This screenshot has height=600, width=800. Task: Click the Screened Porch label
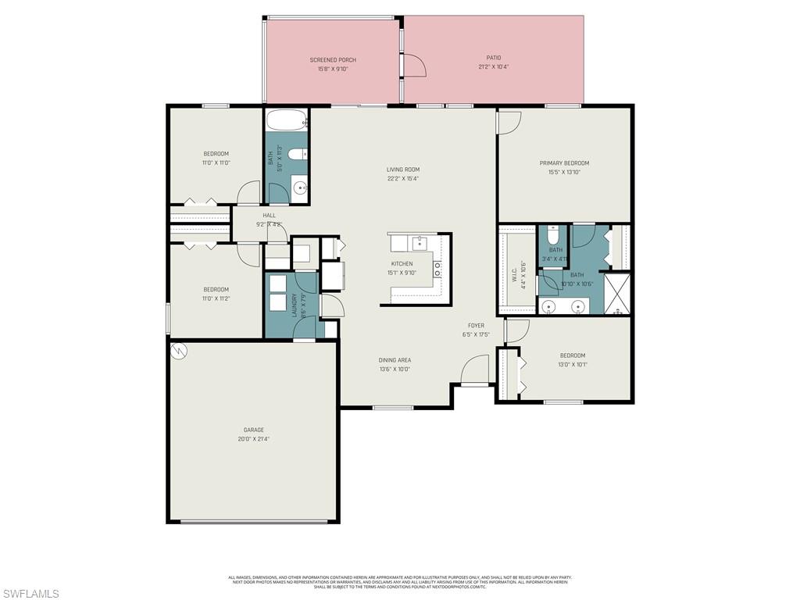pos(333,60)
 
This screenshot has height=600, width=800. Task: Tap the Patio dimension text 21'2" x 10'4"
pos(494,67)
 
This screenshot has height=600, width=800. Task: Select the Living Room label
pos(403,170)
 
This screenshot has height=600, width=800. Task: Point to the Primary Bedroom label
pos(564,163)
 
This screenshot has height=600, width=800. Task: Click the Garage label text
pos(253,430)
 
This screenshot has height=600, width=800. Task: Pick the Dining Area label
pos(395,360)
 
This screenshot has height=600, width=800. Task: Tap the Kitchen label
pos(402,264)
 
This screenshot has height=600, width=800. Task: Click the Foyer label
pos(476,326)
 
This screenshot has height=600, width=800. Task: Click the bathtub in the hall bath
pos(287,122)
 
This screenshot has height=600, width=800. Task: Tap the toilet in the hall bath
pos(298,155)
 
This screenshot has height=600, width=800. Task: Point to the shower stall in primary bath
pos(618,293)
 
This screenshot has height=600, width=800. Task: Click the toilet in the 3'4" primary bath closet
pos(553,234)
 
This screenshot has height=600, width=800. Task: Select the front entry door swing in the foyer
pos(475,370)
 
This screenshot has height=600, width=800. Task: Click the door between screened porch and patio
pos(413,66)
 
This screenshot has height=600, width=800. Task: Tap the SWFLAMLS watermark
pos(30,594)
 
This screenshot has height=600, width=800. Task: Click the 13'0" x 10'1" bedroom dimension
pos(572,364)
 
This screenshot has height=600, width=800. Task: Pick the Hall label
pos(269,216)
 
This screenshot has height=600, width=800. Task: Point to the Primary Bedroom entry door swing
pos(509,122)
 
